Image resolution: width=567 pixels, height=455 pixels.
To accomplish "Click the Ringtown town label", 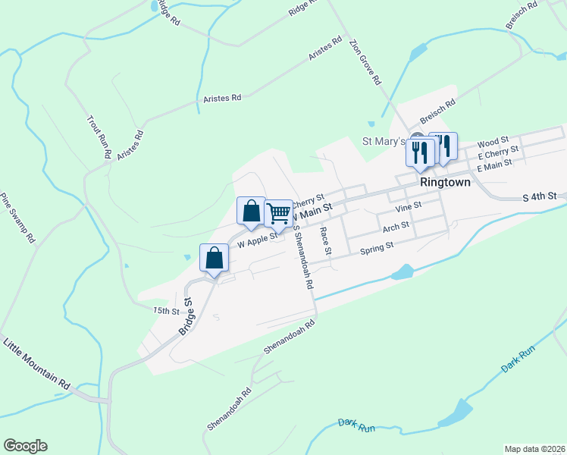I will click(x=445, y=183).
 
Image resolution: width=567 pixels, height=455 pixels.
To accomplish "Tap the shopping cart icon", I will click(x=279, y=213).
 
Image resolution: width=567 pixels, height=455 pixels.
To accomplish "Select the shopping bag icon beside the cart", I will click(x=252, y=211).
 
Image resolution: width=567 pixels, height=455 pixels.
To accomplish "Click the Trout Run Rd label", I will click(x=99, y=137).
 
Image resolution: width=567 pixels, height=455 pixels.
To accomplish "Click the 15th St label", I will click(x=166, y=311).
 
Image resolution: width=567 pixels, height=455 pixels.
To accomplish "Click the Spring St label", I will click(x=377, y=247).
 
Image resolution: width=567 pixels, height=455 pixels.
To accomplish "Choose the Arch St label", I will click(x=396, y=227).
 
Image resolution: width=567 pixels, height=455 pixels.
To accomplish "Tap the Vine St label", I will click(x=408, y=205).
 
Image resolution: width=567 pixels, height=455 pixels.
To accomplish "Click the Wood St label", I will click(x=493, y=143).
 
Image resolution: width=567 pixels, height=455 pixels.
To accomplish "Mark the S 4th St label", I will click(x=540, y=196).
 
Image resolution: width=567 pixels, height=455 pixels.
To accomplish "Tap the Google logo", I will click(x=25, y=446).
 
